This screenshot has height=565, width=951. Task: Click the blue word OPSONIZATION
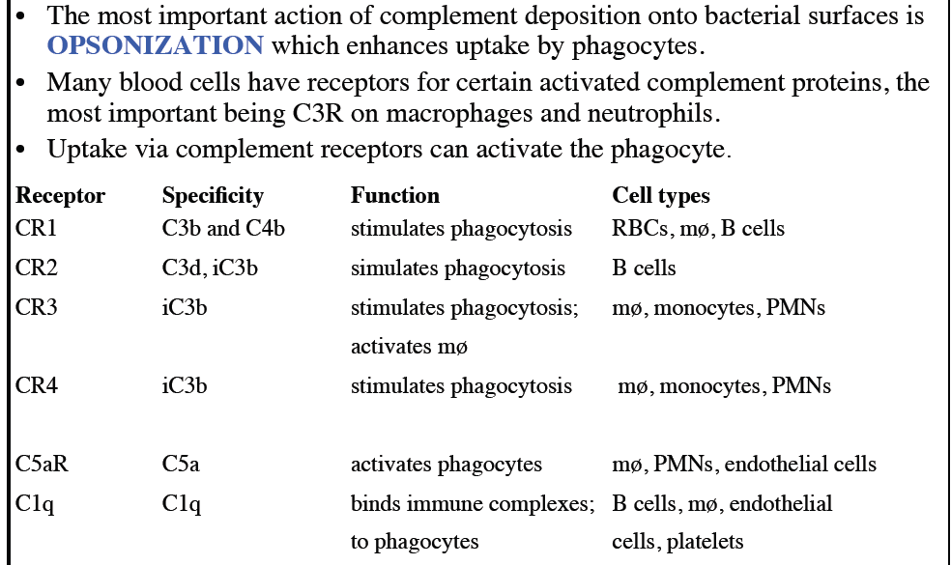click(155, 44)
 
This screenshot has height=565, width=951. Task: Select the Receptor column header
click(60, 195)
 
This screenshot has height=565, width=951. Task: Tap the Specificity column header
click(213, 195)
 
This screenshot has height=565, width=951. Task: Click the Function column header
click(394, 195)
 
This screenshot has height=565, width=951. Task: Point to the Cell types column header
click(661, 195)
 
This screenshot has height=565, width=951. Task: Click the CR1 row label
click(38, 229)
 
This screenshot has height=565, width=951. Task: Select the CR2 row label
click(38, 268)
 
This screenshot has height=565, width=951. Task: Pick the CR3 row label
click(38, 307)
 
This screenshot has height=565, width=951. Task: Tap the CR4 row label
click(38, 386)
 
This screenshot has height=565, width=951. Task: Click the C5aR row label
click(43, 464)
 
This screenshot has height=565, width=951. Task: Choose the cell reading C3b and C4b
click(223, 229)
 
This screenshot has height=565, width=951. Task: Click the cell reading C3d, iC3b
click(210, 268)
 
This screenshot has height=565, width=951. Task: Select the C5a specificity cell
click(181, 464)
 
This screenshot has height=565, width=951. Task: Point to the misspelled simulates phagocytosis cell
click(457, 268)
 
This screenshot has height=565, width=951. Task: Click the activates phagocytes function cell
click(446, 464)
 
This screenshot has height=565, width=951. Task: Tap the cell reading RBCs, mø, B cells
click(698, 229)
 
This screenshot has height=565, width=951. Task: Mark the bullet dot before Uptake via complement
click(22, 150)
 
